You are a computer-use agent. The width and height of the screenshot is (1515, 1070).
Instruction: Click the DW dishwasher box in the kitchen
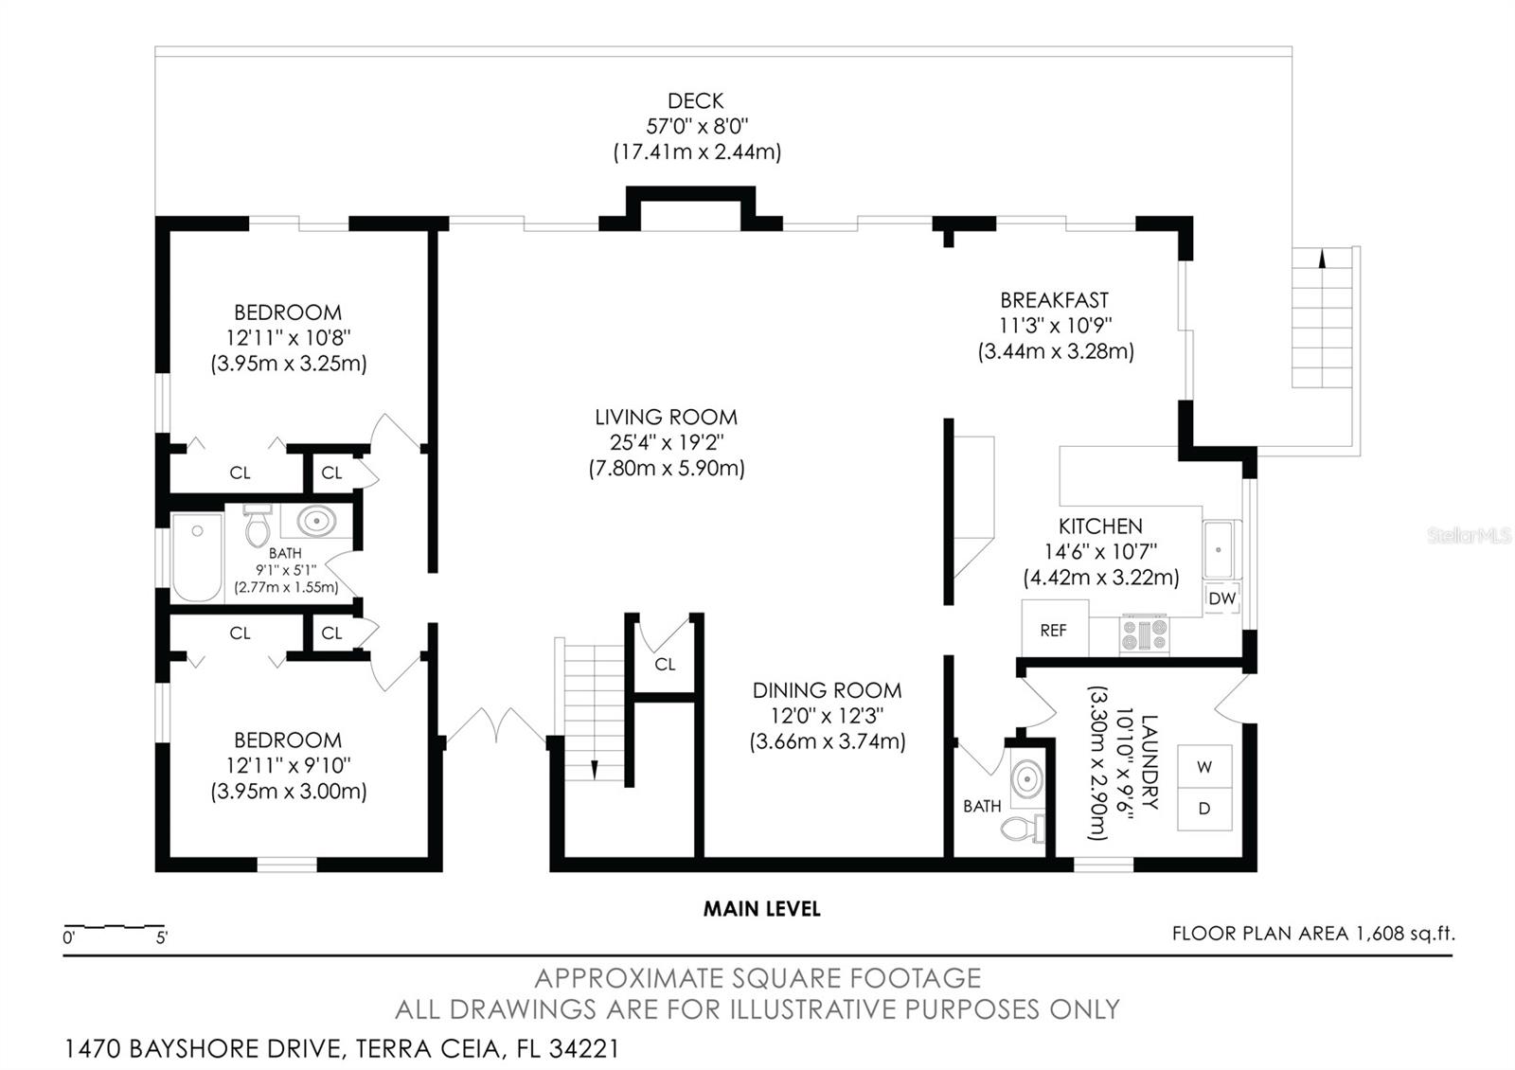(x=1221, y=598)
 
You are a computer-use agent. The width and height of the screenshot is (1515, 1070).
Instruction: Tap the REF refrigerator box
(x=1054, y=630)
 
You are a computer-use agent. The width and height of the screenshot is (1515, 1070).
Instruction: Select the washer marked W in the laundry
(x=1204, y=767)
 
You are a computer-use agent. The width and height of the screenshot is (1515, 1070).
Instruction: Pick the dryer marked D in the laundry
(x=1204, y=810)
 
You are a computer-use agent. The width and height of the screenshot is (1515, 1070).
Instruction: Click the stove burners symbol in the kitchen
(x=1145, y=634)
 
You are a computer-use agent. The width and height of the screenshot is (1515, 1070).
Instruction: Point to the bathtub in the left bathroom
(x=197, y=557)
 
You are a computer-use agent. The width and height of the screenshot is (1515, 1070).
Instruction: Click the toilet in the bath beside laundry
(x=1021, y=829)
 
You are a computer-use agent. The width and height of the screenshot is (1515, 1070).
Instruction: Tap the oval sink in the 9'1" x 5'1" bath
(x=314, y=521)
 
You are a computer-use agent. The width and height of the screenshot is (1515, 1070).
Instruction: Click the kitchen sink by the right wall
(x=1220, y=549)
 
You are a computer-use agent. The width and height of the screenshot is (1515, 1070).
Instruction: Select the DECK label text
(x=695, y=101)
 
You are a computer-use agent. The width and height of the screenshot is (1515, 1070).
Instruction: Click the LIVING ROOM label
(x=666, y=417)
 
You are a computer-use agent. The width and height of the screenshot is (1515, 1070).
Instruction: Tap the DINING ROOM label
(x=827, y=690)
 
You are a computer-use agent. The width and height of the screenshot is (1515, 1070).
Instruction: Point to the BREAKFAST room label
(x=1054, y=300)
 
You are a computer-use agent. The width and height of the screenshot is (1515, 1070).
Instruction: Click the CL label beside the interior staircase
(x=665, y=664)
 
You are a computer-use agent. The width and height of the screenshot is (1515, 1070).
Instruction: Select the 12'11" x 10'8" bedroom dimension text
(x=288, y=337)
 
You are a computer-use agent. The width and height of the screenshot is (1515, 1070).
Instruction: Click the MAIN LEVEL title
(x=761, y=909)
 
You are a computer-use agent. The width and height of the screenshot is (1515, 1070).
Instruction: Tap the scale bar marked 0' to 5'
(x=114, y=926)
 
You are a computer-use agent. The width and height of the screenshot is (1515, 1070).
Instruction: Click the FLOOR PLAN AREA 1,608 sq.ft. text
(x=1312, y=934)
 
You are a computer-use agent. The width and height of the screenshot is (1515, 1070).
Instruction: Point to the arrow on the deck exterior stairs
(x=1323, y=257)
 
